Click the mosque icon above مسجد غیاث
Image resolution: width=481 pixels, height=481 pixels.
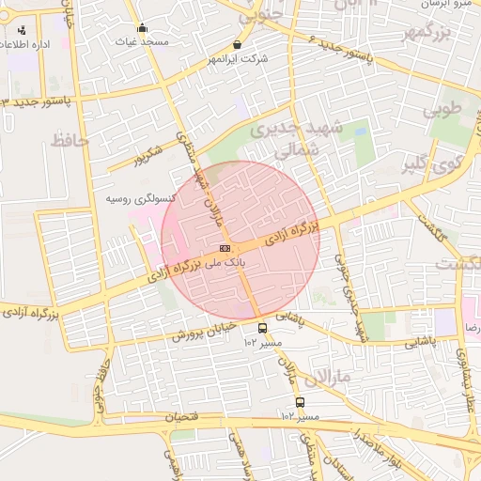pyautogui.click(x=142, y=27)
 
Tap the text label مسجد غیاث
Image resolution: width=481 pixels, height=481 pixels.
pyautogui.click(x=142, y=42)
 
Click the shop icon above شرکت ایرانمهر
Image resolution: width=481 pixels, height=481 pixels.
pyautogui.click(x=236, y=44)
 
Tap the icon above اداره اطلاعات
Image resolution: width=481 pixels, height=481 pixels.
pyautogui.click(x=22, y=29)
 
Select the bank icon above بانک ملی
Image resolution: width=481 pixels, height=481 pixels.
pyautogui.click(x=224, y=248)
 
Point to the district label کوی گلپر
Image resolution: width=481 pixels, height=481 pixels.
pyautogui.click(x=430, y=165)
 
